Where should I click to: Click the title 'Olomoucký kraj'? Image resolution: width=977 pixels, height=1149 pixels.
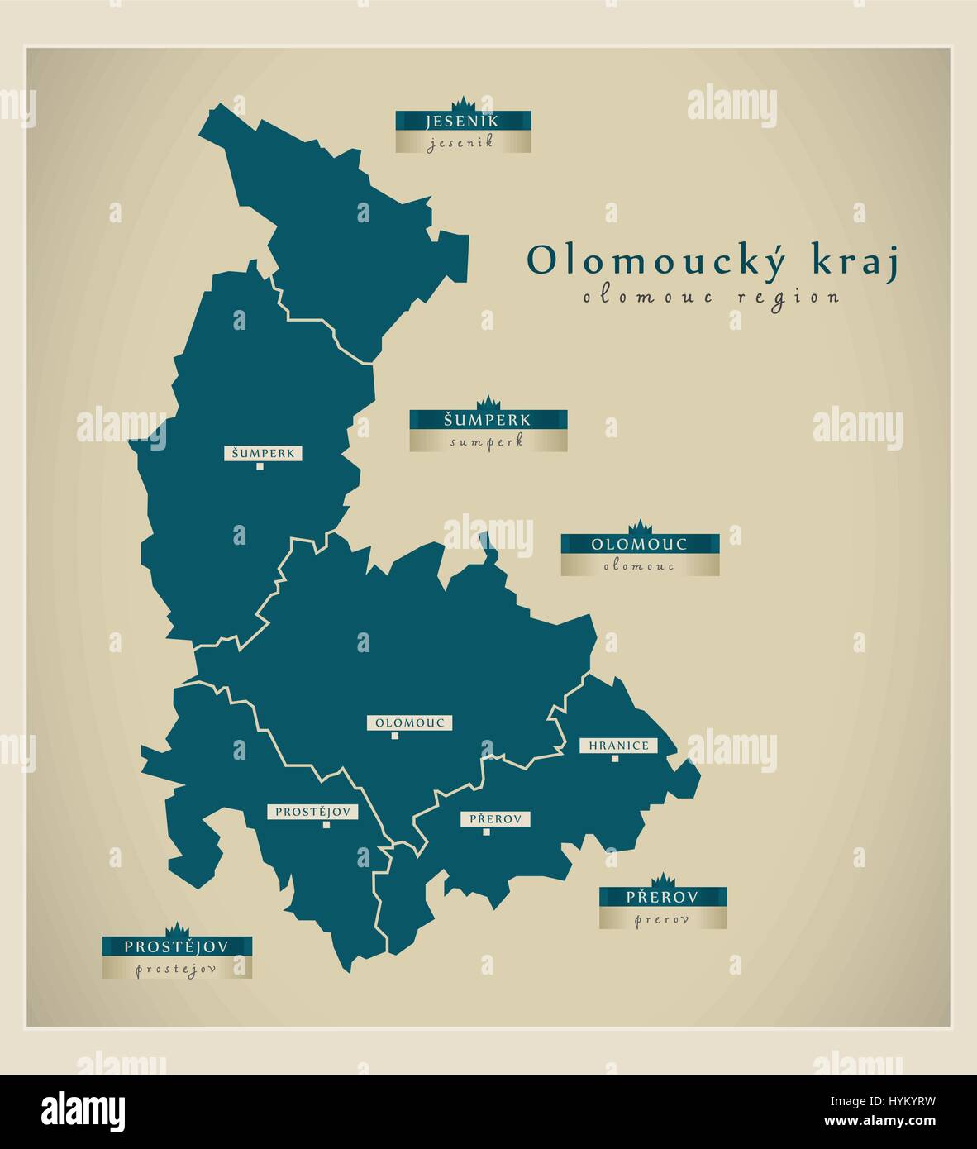[x=712, y=260]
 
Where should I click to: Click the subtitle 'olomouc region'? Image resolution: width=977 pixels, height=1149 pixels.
[x=711, y=297]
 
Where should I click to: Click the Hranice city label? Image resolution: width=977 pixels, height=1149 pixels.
[x=618, y=746]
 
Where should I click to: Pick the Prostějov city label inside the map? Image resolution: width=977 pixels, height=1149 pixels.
[x=312, y=812]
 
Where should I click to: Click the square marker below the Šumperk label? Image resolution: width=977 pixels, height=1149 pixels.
[x=260, y=467]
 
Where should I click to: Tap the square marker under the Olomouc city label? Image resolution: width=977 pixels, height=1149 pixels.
[x=395, y=736]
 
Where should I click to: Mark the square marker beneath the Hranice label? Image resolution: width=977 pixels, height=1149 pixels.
[x=614, y=759]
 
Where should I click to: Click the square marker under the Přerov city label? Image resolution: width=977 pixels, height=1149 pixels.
[x=486, y=832]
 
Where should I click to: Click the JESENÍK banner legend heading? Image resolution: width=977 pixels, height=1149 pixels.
[x=462, y=122]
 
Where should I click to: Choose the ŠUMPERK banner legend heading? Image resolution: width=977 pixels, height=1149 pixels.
[x=488, y=420]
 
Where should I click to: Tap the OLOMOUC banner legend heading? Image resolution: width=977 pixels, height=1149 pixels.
[x=639, y=544]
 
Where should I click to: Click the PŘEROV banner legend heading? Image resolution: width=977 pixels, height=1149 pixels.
[x=662, y=897]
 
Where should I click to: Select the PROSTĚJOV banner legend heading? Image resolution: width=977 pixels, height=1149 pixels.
[x=177, y=946]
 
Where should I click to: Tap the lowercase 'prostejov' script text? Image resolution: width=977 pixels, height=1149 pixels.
[x=176, y=970]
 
